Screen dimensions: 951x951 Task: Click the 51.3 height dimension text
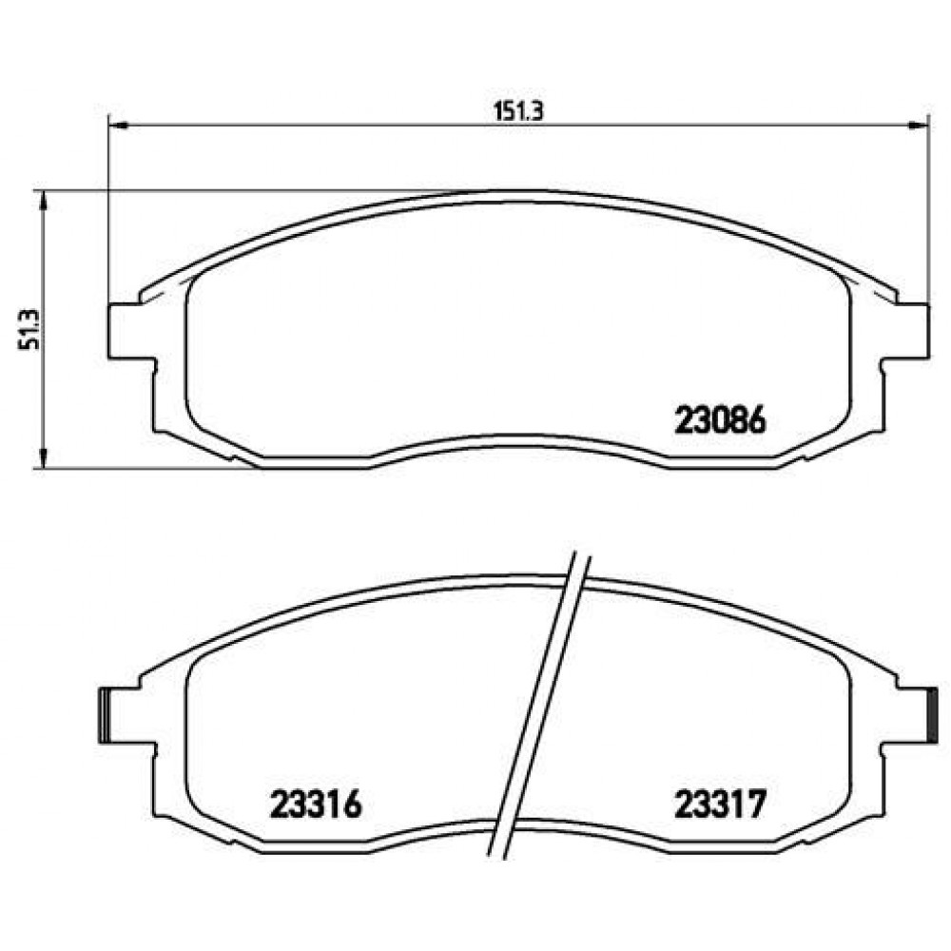click(x=26, y=329)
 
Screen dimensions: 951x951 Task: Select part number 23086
click(x=720, y=420)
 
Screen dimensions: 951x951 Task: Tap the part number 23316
click(x=315, y=806)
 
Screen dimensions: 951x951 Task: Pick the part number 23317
click(x=720, y=806)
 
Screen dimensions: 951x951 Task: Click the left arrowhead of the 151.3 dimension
click(x=115, y=123)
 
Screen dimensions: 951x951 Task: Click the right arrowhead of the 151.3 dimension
click(x=921, y=123)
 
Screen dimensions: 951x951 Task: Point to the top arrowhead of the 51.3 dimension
click(x=41, y=197)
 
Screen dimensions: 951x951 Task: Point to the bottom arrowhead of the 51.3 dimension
click(x=41, y=461)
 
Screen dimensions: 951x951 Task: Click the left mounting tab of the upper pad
click(x=128, y=331)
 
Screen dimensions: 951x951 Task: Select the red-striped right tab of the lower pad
click(x=933, y=715)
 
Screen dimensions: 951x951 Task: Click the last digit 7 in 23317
click(x=755, y=806)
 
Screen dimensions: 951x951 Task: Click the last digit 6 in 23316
click(x=351, y=806)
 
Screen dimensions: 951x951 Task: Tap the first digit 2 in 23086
click(x=684, y=420)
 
